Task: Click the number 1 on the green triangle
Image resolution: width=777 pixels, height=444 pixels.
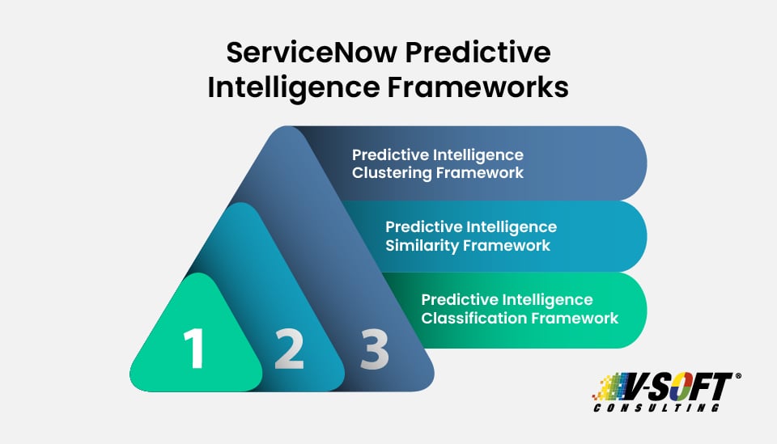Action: coord(193,349)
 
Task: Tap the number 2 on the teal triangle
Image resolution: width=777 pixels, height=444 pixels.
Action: coord(289,349)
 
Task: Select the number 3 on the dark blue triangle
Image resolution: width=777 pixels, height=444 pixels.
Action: coord(374,349)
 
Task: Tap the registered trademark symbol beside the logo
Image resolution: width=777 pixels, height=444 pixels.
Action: coord(737,377)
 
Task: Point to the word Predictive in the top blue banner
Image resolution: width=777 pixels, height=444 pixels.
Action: coord(387,154)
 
